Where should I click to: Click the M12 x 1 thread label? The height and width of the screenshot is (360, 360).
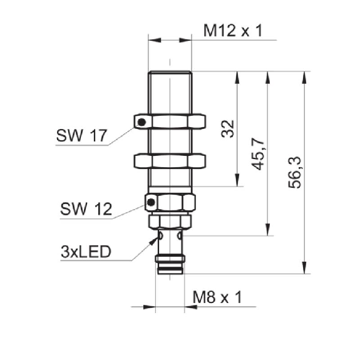(x=233, y=31)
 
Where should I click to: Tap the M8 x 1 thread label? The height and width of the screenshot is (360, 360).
(x=217, y=297)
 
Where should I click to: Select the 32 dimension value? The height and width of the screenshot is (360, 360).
(x=228, y=129)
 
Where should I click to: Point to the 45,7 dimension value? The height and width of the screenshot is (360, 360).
(x=258, y=154)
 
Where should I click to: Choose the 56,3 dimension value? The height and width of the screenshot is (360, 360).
(x=294, y=172)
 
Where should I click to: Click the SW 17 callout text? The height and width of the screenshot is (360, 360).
(x=81, y=135)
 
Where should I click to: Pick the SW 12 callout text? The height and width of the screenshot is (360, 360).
(x=86, y=208)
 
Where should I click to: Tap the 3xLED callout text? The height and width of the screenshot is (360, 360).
(x=86, y=252)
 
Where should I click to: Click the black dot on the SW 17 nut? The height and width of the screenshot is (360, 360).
(x=141, y=122)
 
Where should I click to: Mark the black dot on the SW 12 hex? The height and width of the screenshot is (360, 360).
(x=151, y=202)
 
